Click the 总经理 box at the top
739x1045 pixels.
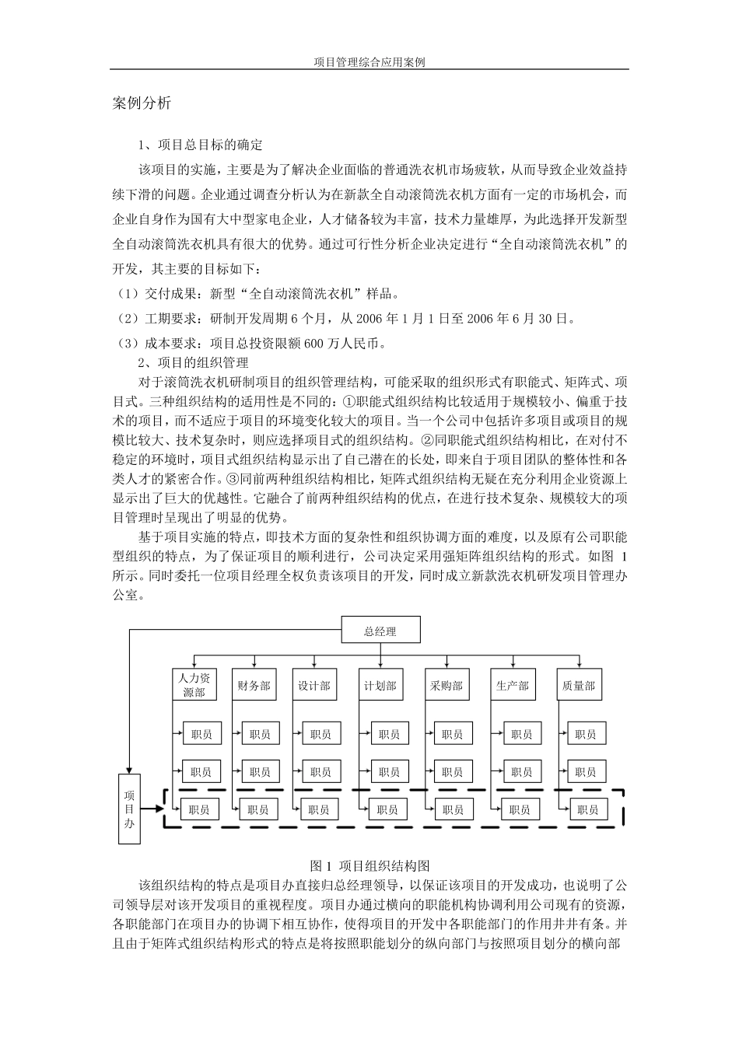pos(380,631)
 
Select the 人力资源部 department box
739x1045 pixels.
pos(194,685)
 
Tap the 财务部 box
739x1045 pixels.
pos(254,685)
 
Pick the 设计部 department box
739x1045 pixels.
pos(314,685)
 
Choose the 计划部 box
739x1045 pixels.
pos(380,685)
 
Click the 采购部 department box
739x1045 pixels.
pos(447,685)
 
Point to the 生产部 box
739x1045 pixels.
pos(513,685)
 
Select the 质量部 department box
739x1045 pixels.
pos(579,685)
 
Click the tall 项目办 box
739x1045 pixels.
pos(129,809)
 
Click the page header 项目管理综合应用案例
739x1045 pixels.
pos(369,62)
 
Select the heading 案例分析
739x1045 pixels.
pos(142,103)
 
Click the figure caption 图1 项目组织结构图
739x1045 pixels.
pos(369,865)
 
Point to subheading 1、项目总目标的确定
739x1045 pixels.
pos(201,145)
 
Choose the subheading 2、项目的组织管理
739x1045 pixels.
pos(193,362)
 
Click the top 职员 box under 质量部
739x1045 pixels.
pos(586,733)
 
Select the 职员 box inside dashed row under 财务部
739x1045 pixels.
pos(258,809)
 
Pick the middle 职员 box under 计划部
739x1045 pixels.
pos(389,772)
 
